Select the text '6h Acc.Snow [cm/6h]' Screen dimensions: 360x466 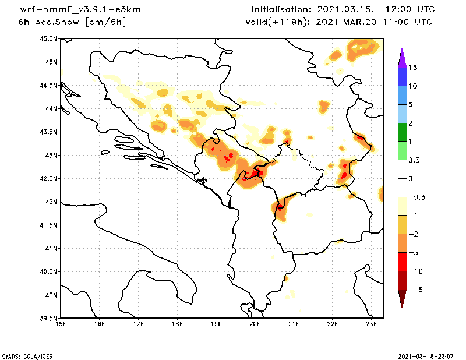click(72, 22)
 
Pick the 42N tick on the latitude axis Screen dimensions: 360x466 click(51, 202)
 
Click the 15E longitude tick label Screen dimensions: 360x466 click(61, 324)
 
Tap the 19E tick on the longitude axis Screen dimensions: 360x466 click(216, 324)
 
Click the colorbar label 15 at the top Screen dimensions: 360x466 click(413, 68)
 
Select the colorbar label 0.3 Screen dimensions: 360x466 click(414, 160)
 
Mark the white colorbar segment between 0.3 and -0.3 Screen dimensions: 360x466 click(402, 178)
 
